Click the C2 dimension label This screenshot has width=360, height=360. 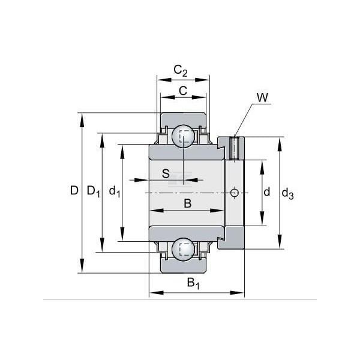click(181, 70)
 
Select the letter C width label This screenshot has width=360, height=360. click(183, 91)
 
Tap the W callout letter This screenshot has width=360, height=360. click(262, 98)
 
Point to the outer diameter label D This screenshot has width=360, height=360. click(74, 190)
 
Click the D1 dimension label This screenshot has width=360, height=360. click(94, 191)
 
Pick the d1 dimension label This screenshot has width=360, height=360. click(115, 191)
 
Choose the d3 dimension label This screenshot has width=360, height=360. click(287, 194)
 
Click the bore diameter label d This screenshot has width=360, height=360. click(266, 192)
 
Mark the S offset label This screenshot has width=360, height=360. click(166, 173)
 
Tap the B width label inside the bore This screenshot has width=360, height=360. click(188, 203)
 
